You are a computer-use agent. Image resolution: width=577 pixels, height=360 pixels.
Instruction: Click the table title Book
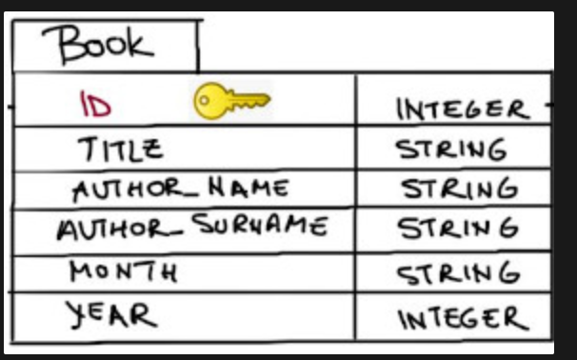pyautogui.click(x=98, y=45)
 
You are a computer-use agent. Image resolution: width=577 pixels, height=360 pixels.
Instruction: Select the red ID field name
pyautogui.click(x=95, y=104)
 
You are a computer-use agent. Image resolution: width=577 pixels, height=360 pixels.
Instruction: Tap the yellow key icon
pyautogui.click(x=231, y=101)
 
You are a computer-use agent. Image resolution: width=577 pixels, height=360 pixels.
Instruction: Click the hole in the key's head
pyautogui.click(x=205, y=100)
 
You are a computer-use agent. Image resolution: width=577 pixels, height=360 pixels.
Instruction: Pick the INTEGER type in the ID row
pyautogui.click(x=463, y=110)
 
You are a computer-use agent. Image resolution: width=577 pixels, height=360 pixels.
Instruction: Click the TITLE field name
pyautogui.click(x=120, y=150)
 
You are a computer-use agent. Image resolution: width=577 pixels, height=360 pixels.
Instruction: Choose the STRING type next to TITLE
pyautogui.click(x=451, y=150)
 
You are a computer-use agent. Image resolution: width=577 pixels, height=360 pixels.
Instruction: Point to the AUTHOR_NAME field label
pyautogui.click(x=180, y=190)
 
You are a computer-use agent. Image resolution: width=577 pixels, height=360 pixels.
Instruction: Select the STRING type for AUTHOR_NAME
pyautogui.click(x=460, y=189)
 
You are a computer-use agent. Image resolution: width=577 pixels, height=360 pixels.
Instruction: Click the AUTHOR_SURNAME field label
pyautogui.click(x=192, y=226)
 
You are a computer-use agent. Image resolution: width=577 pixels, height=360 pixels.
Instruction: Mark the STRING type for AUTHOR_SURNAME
pyautogui.click(x=459, y=228)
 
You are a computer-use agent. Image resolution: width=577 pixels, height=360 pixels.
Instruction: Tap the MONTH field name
pyautogui.click(x=124, y=271)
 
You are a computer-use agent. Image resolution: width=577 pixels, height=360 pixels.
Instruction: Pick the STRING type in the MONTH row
pyautogui.click(x=459, y=272)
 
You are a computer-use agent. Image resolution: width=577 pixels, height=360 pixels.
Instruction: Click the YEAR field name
pyautogui.click(x=111, y=314)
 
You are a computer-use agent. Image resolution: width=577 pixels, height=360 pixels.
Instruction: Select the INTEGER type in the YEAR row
pyautogui.click(x=464, y=319)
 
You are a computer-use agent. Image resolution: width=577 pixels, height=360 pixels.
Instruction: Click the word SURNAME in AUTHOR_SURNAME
pyautogui.click(x=260, y=225)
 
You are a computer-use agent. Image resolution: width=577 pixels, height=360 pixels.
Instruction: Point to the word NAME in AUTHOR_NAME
pyautogui.click(x=249, y=188)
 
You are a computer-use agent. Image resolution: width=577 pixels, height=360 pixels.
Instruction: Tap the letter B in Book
pyautogui.click(x=70, y=46)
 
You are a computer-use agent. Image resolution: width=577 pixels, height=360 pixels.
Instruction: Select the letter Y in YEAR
pyautogui.click(x=76, y=314)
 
